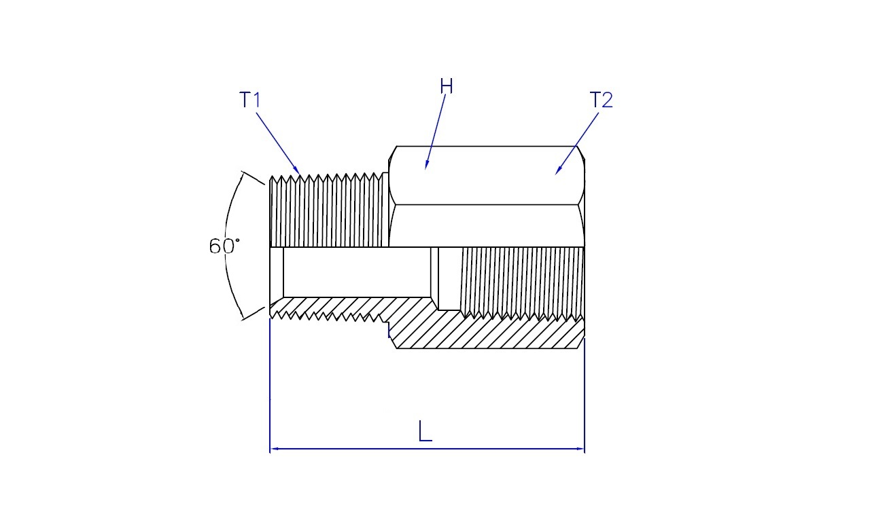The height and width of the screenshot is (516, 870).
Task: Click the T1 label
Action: [249, 100]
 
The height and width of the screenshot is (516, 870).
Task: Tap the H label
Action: [447, 86]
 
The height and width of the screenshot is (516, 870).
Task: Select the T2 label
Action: [601, 100]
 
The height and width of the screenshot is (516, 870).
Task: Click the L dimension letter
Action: [425, 430]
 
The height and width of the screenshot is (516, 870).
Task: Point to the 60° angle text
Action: [224, 246]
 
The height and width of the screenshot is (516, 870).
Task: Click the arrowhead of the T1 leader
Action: [297, 170]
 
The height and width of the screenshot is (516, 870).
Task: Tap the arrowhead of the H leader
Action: [426, 166]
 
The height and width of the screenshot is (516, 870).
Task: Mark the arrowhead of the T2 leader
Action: [558, 171]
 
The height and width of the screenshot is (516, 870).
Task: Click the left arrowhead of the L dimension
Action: [274, 449]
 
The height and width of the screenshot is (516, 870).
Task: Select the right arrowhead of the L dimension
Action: [580, 449]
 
